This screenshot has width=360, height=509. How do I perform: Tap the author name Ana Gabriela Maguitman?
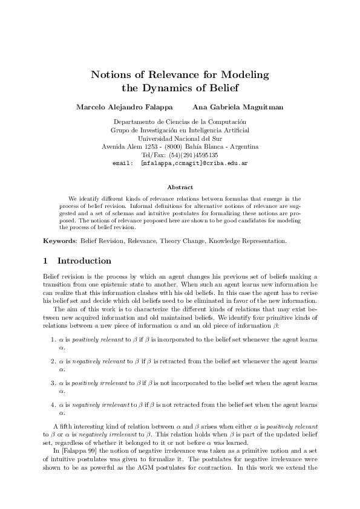[x=229, y=107]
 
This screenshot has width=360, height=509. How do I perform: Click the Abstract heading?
[x=180, y=187]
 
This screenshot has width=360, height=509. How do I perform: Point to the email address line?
[x=180, y=163]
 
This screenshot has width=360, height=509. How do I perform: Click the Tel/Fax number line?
[x=180, y=155]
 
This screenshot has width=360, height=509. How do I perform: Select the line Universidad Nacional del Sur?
[x=180, y=138]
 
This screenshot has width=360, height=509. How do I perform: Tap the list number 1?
[x=53, y=340]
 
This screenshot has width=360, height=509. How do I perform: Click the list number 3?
[x=53, y=383]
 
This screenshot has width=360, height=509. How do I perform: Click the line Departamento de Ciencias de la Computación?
[x=180, y=122]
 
